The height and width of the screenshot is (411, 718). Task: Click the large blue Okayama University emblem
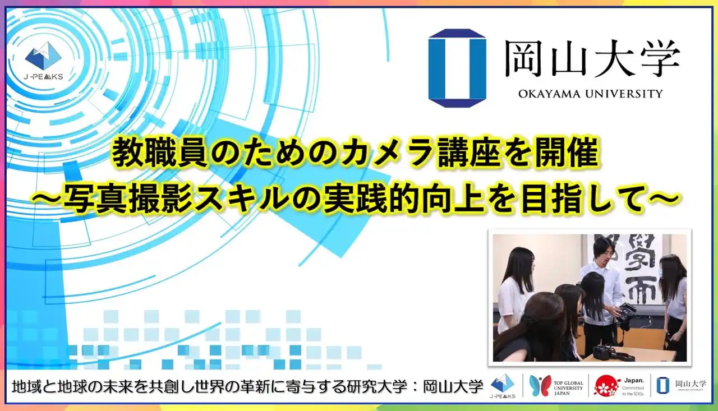click(x=457, y=67)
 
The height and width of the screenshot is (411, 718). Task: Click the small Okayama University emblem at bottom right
click(x=662, y=385)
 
